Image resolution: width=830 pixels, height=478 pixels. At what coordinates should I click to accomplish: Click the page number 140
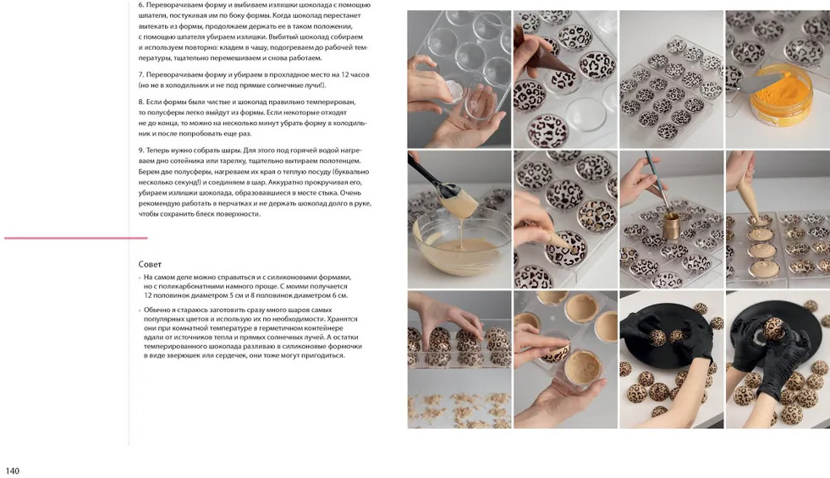pos(12,470)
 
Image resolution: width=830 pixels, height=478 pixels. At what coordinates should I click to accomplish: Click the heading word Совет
pos(150,264)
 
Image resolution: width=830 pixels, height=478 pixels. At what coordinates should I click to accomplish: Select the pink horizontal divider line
pos(75,239)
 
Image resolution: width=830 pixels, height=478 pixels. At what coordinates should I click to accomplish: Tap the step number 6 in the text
pos(140,5)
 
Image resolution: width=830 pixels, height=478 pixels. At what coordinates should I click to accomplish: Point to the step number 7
pos(140,74)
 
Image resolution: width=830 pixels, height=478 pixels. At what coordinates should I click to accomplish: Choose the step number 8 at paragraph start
pos(140,102)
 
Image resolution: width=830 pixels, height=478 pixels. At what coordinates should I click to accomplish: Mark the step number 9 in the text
pos(140,151)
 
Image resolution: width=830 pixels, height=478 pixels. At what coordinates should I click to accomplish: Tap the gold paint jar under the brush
pos(671,226)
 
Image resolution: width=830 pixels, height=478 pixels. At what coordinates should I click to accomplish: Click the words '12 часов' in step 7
pos(355,74)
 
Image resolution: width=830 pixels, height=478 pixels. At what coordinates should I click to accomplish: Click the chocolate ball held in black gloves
pos(773,329)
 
